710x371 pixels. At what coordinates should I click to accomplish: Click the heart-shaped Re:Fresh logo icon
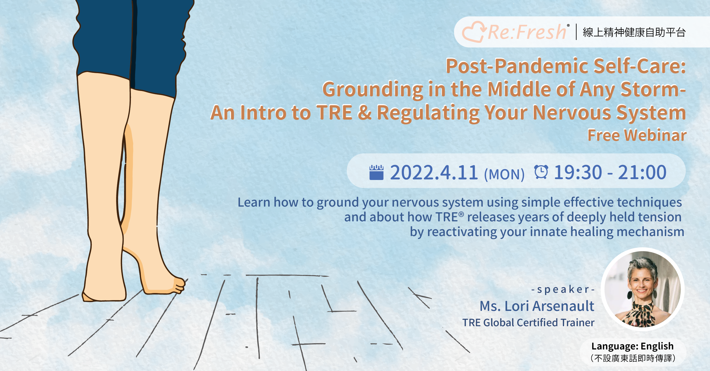click(473, 32)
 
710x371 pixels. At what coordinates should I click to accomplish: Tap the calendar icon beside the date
click(376, 172)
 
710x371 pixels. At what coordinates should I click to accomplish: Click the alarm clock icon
click(541, 172)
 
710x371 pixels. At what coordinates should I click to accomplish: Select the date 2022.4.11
click(434, 172)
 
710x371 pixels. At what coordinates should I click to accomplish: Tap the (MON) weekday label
click(504, 174)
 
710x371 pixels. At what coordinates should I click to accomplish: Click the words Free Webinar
click(637, 135)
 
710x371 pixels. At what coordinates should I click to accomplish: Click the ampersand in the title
click(365, 112)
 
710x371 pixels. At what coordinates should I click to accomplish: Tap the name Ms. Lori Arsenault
click(537, 306)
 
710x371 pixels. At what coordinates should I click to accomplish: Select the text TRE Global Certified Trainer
click(528, 323)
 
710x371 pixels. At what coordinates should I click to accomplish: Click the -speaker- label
click(563, 289)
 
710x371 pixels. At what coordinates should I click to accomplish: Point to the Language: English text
click(632, 346)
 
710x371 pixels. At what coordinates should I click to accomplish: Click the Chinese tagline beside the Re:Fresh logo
click(634, 32)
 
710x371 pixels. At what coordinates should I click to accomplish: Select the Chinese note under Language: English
click(633, 358)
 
